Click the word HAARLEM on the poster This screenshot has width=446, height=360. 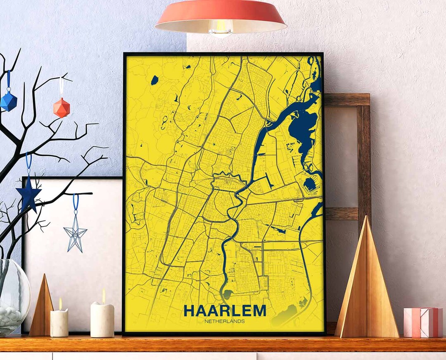coord(225,310)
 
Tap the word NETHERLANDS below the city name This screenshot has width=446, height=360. coord(225,321)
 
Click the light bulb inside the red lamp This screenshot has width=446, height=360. coord(221,28)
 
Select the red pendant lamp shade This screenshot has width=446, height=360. coord(221,14)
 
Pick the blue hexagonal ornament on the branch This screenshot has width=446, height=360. coord(8,101)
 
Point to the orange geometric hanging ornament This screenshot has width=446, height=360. coord(62,108)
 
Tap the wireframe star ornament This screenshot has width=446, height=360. coord(75,234)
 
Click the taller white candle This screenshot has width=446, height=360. coord(102,319)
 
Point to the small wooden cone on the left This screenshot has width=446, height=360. coord(42,308)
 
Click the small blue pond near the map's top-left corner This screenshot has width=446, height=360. coord(154,80)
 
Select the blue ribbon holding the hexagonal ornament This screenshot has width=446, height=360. coord(8,81)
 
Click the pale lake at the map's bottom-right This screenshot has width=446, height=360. coord(285,315)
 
